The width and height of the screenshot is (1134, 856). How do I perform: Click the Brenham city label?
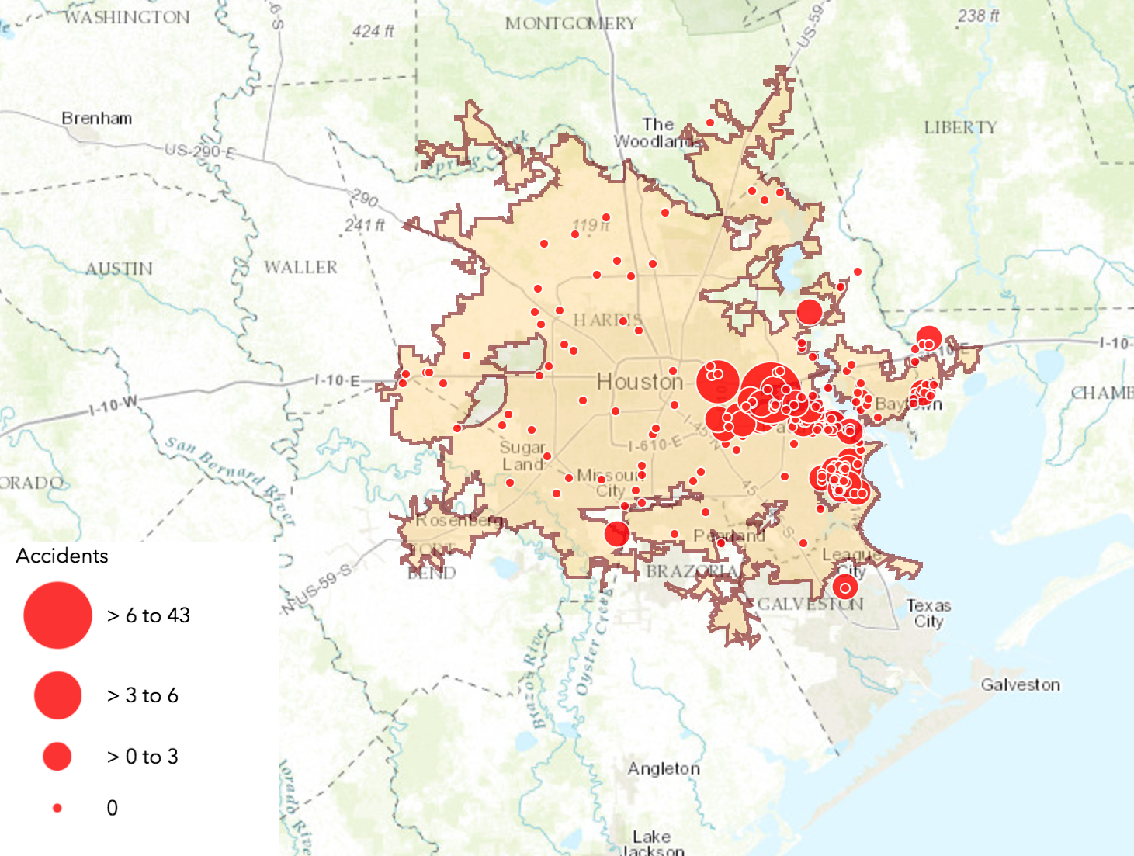pyautogui.click(x=96, y=119)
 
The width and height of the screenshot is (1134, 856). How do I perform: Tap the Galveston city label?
pyautogui.click(x=1020, y=684)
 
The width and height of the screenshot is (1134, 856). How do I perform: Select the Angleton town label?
pyautogui.click(x=664, y=768)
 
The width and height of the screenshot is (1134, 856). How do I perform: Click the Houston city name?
pyautogui.click(x=640, y=382)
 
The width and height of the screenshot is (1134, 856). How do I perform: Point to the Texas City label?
pyautogui.click(x=928, y=613)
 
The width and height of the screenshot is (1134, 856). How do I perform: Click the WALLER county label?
pyautogui.click(x=300, y=268)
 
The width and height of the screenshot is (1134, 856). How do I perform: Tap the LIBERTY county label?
pyautogui.click(x=960, y=128)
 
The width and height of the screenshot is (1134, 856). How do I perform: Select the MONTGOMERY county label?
pyautogui.click(x=570, y=24)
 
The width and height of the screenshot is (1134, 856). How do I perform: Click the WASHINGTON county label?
pyautogui.click(x=127, y=17)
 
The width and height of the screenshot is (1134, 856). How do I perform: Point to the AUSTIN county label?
pyautogui.click(x=119, y=269)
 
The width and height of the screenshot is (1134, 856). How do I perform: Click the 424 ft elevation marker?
pyautogui.click(x=373, y=32)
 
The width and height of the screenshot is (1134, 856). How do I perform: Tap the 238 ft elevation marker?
pyautogui.click(x=978, y=16)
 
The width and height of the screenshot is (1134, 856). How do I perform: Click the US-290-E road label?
pyautogui.click(x=199, y=150)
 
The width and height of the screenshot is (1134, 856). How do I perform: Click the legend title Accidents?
pyautogui.click(x=62, y=556)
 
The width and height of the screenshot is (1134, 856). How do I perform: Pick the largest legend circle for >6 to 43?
pyautogui.click(x=57, y=615)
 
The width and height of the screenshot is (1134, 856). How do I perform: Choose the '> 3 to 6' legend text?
pyautogui.click(x=143, y=695)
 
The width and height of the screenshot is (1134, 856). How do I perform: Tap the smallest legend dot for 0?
pyautogui.click(x=57, y=808)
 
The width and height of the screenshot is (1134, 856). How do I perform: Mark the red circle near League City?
pyautogui.click(x=845, y=587)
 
